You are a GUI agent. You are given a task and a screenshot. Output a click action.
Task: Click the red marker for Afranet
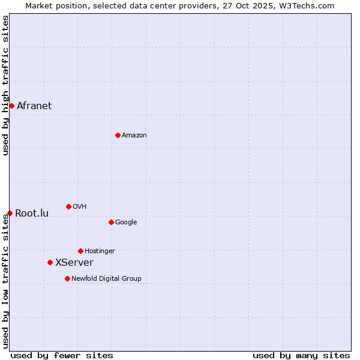tap(11, 106)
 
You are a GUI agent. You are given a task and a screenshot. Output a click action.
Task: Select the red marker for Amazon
tap(118, 135)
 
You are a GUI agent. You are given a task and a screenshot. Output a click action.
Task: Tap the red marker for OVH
tap(68, 206)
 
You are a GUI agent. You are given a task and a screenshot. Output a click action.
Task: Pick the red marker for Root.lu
tap(10, 213)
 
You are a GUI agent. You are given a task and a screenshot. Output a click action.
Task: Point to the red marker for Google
tap(111, 222)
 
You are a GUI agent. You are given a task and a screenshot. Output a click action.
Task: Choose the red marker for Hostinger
tap(80, 251)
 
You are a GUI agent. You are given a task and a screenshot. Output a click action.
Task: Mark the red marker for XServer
tap(50, 262)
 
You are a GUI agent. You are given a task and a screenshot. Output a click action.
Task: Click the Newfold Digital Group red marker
tap(67, 278)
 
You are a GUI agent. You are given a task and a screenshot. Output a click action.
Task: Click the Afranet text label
tap(34, 106)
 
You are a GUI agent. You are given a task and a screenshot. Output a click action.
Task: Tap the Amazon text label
tap(134, 136)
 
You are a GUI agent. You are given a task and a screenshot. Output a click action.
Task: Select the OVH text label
tap(80, 207)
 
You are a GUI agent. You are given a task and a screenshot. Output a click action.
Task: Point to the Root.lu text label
tap(32, 214)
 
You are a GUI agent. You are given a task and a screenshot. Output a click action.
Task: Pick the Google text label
tap(126, 223)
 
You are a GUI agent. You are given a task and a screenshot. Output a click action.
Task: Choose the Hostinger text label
tap(100, 251)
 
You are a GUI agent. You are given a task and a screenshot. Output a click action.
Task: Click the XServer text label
tap(74, 263)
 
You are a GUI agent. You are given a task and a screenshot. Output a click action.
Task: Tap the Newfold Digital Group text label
tap(106, 279)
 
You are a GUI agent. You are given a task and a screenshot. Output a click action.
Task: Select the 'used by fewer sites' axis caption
tap(62, 355)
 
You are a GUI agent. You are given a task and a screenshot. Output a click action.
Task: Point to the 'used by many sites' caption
tap(301, 355)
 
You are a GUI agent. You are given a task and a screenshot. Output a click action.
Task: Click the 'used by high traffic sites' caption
tap(6, 85)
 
